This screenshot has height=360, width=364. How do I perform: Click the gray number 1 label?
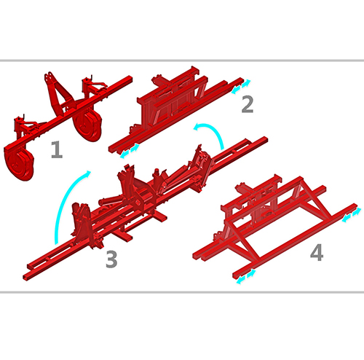(57, 149)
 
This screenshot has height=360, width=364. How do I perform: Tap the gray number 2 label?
(248, 104)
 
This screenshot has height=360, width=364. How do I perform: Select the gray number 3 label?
(111, 259)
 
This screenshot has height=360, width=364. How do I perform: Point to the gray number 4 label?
(317, 253)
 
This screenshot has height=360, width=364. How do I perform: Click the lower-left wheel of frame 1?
(19, 162)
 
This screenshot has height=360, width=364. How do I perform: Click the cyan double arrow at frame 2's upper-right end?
(241, 87)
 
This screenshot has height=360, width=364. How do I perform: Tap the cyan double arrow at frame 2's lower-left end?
(130, 151)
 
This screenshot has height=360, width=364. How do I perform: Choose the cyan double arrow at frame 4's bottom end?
(246, 276)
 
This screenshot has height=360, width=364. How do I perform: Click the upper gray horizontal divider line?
(182, 60)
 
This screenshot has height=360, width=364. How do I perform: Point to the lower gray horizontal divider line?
(182, 291)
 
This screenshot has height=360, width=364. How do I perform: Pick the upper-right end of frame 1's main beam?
(130, 79)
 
